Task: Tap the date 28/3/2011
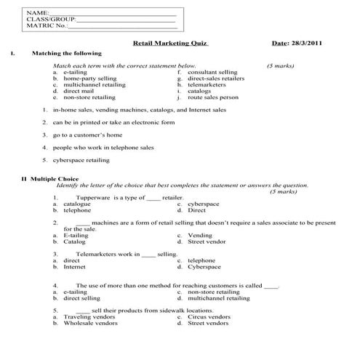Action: click(305, 43)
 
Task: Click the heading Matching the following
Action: click(67, 53)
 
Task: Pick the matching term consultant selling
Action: click(212, 73)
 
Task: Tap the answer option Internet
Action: click(74, 266)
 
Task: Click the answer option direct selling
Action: click(81, 297)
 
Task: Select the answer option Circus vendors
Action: click(209, 316)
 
